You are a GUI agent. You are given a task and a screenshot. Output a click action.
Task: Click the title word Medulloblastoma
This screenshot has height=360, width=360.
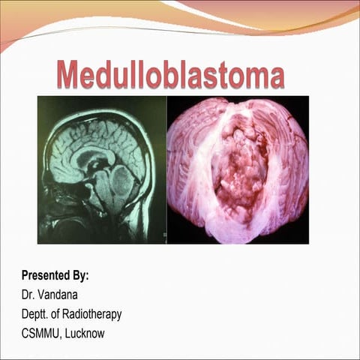171,76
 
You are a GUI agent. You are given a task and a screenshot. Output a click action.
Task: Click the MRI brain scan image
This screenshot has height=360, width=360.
101,169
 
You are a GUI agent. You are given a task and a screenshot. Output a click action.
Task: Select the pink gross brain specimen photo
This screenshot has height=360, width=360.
237,169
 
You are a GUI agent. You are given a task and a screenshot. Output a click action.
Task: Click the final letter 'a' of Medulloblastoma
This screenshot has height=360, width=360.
277,77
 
